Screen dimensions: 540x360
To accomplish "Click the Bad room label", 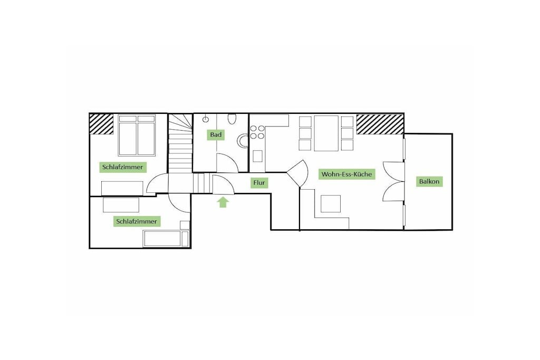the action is click(x=216, y=134).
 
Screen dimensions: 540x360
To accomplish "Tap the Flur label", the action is click(x=259, y=183).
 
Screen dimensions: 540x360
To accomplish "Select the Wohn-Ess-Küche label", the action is click(x=346, y=174).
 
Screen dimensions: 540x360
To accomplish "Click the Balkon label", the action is click(x=429, y=181).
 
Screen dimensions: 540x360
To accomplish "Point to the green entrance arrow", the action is click(x=223, y=202).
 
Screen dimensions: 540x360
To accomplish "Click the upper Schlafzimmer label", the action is click(x=122, y=167).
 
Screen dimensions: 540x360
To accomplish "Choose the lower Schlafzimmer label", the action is click(x=137, y=221).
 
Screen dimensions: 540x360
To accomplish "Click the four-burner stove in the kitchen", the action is click(x=257, y=132).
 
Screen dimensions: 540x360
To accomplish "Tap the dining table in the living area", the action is click(x=326, y=133).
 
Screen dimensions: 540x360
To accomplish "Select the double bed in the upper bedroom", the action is click(x=137, y=135).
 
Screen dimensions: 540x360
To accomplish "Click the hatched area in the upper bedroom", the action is click(x=102, y=124).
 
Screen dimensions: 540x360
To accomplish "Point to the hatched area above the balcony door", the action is click(x=380, y=124).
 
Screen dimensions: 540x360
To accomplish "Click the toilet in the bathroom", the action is click(x=233, y=119).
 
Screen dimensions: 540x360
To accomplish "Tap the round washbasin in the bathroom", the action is click(x=243, y=140).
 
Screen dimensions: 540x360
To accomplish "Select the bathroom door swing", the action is click(x=228, y=163).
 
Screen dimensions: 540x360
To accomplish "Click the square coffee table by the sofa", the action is click(x=331, y=204).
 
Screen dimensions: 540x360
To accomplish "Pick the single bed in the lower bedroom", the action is click(x=166, y=239).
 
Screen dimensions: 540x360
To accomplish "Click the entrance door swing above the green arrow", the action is click(x=224, y=185).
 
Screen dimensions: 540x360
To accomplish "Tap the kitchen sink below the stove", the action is click(x=257, y=156).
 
